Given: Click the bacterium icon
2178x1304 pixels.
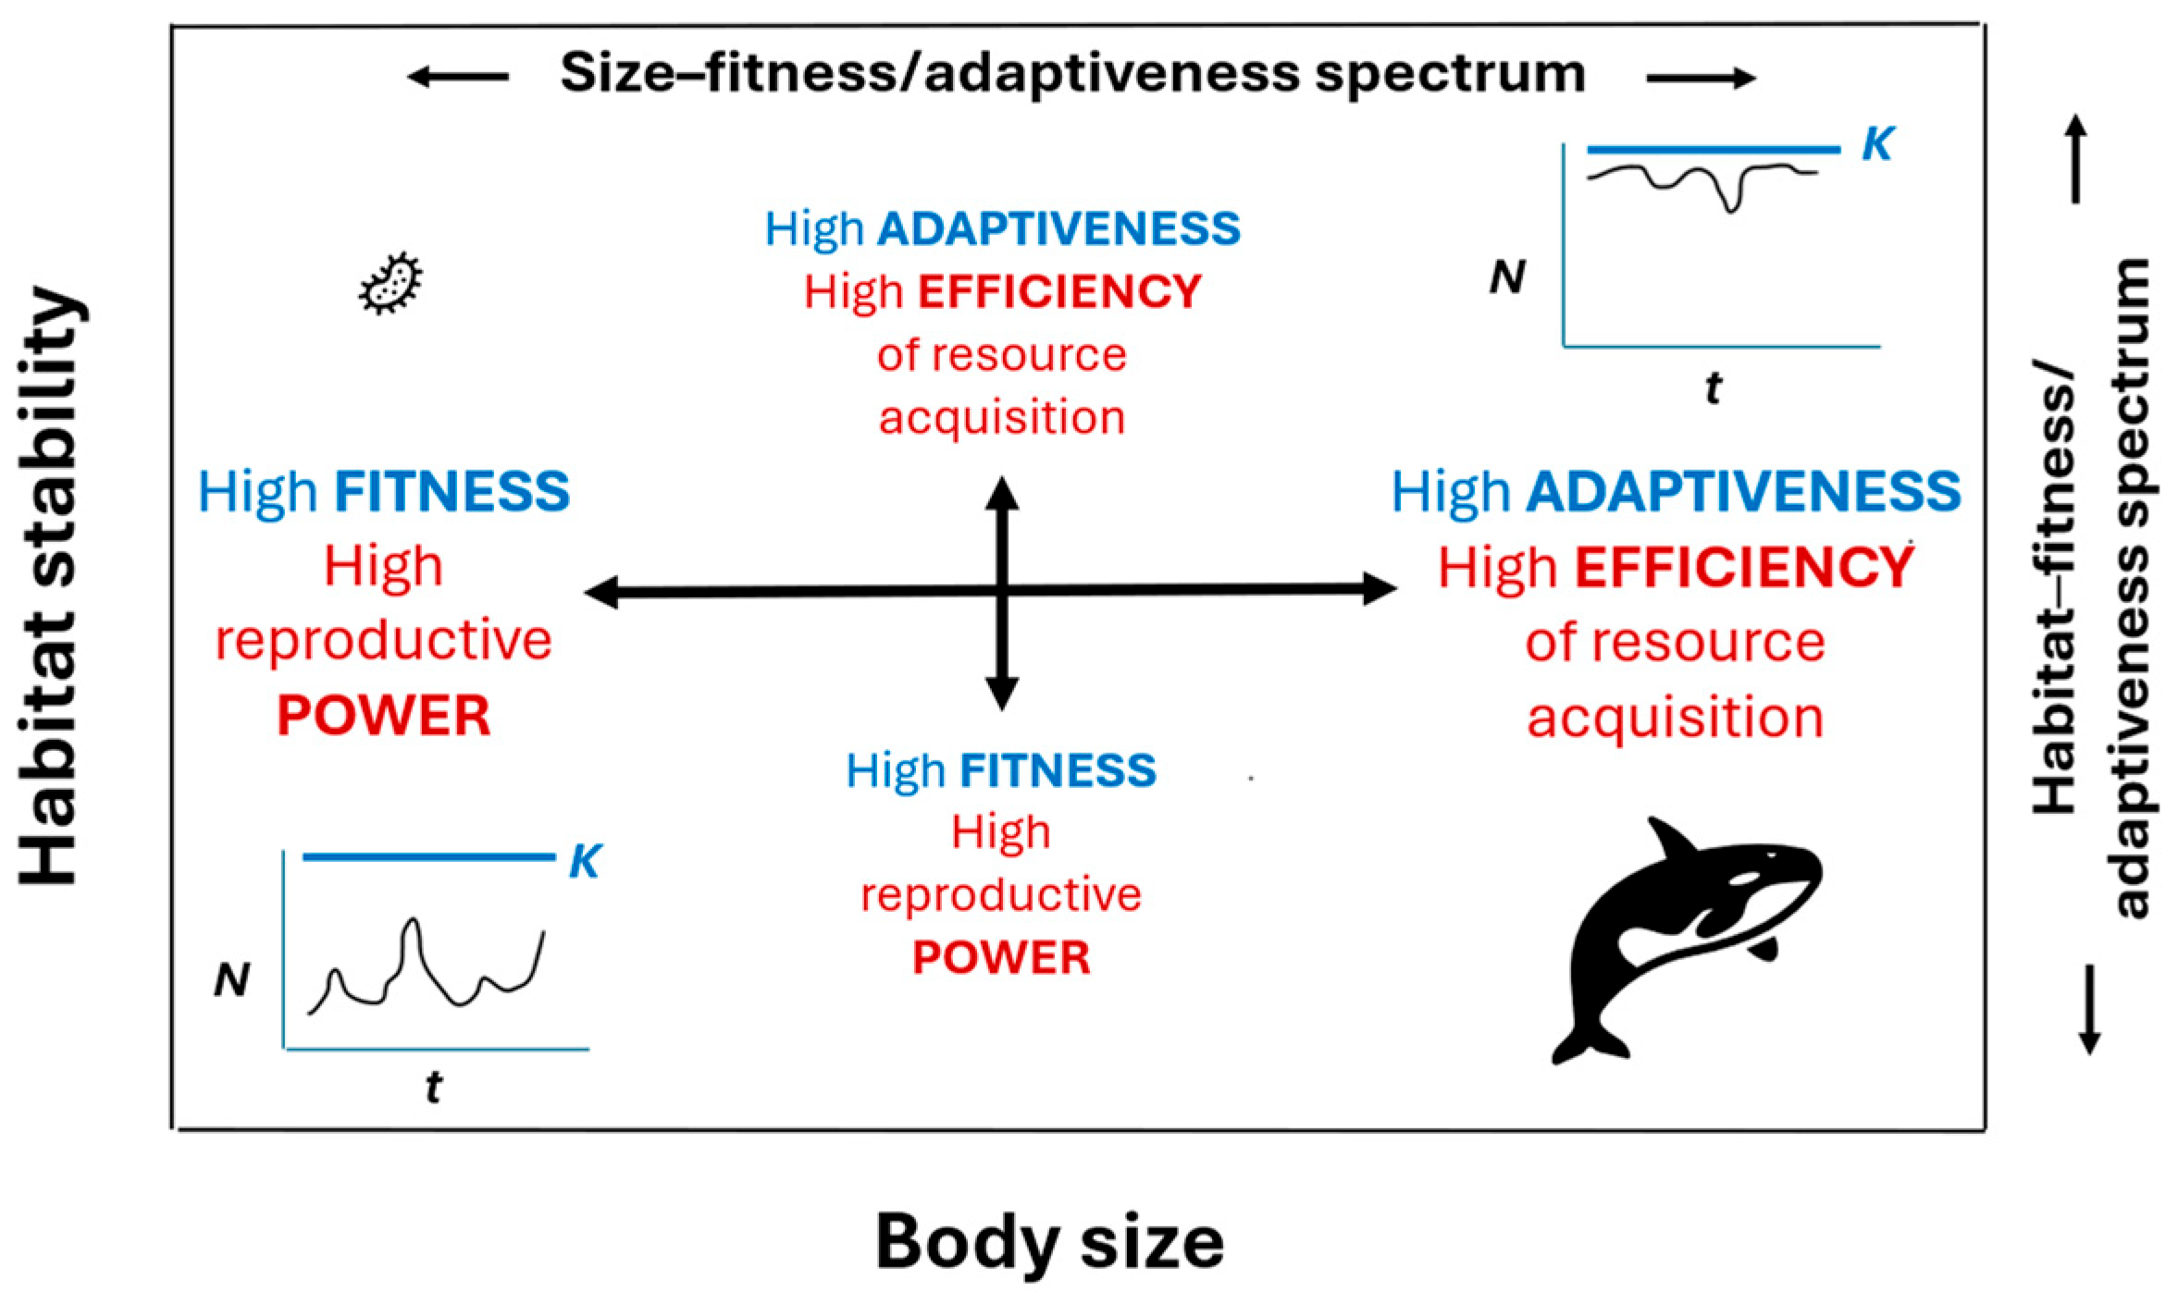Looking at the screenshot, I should coord(390,283).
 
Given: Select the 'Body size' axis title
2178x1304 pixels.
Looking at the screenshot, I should coord(1049,1242).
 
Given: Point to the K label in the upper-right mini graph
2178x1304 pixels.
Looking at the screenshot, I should coord(1877,145).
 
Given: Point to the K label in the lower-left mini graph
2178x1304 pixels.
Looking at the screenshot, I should coord(586,862).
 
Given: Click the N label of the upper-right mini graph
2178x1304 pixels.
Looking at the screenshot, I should coord(1507,277).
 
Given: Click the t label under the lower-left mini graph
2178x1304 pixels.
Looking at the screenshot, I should coord(432,1089).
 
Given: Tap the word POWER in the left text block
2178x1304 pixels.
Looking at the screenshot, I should coord(383,716).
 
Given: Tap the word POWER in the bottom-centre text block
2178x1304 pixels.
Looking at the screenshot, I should coord(1001,958).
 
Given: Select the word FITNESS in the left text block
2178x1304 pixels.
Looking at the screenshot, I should coord(452,492).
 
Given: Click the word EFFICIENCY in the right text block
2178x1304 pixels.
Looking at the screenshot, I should coord(1744,567).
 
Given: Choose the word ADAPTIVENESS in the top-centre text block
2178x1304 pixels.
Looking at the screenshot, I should coord(1058,228).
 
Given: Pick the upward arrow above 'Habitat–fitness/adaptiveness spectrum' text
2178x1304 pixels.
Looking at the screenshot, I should coord(2076,157).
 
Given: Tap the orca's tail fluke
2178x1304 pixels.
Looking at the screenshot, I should coord(1589,1042).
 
